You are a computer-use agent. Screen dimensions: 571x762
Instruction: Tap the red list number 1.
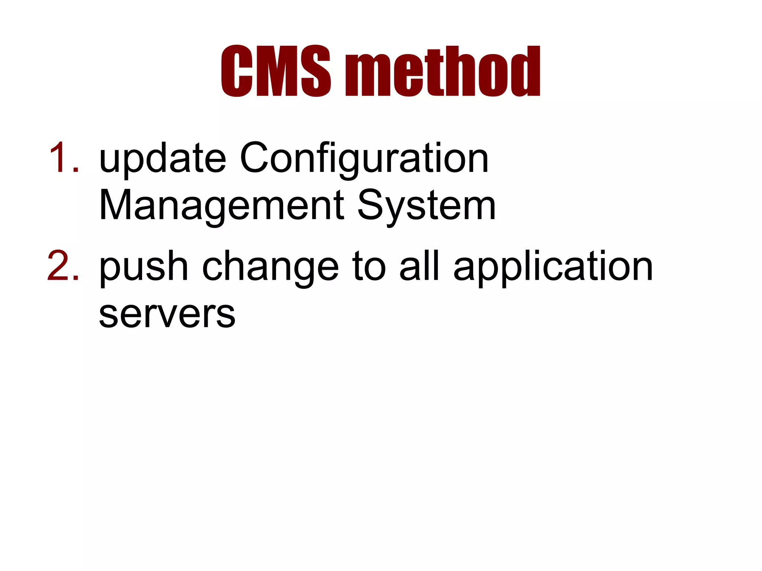[x=63, y=158]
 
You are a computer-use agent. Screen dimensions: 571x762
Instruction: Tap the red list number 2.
[x=63, y=266]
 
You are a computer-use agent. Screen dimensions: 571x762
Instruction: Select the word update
[x=163, y=159]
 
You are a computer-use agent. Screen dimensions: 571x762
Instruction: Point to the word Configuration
[x=364, y=159]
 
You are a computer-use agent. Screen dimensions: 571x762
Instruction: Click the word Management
[x=221, y=205]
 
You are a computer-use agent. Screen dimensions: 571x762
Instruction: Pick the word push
[x=144, y=267]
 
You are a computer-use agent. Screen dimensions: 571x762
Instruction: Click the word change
[x=270, y=267]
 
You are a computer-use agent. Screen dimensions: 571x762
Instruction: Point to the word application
[x=553, y=267]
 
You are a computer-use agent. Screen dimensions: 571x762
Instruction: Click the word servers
[x=167, y=314]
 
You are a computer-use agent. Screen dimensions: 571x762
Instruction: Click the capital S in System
[x=372, y=205]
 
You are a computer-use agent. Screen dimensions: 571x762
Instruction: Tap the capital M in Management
[x=116, y=205]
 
